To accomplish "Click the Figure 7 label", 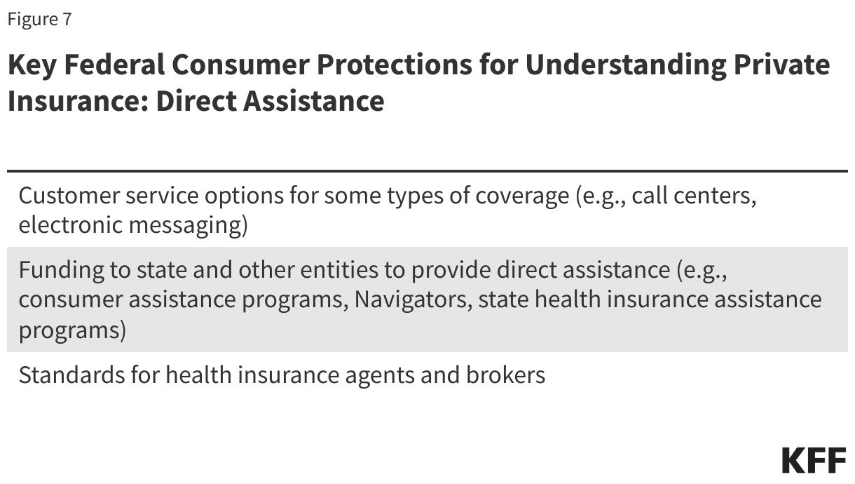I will pos(39,19).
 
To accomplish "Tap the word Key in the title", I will pos(31,65).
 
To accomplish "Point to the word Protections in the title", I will pos(393,65).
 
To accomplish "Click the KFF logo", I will pos(814,460).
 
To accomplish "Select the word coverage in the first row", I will pos(522,196).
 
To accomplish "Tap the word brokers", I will pos(505,375).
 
